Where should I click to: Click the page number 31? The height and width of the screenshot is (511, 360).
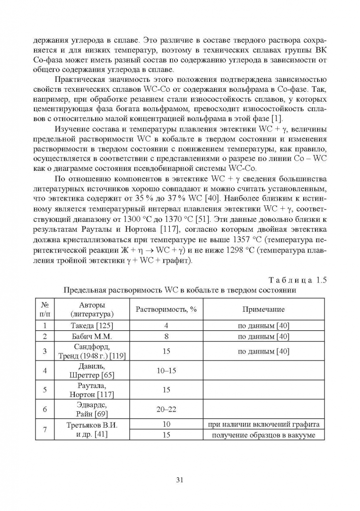[180, 480]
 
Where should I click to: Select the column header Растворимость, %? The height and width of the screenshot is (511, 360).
[166, 309]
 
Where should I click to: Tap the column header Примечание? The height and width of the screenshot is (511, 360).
[263, 309]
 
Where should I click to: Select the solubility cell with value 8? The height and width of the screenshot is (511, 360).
[166, 337]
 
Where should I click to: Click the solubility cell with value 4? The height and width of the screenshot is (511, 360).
[166, 326]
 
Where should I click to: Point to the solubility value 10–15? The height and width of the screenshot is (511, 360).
[166, 370]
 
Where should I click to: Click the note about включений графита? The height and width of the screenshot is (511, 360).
[263, 424]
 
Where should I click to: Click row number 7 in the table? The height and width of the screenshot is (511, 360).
[45, 430]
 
